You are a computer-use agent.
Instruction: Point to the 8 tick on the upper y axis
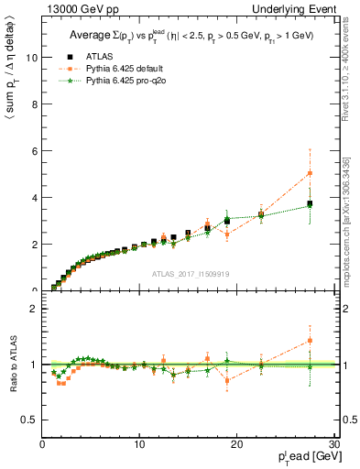(35, 104)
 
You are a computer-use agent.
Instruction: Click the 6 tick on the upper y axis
(35, 150)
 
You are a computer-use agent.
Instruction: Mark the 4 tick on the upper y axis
(35, 197)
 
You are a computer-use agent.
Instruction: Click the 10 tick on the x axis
(138, 444)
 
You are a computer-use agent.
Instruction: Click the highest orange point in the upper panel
(311, 172)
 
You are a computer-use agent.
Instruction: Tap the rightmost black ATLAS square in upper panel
(311, 203)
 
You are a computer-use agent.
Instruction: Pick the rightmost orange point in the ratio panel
(311, 340)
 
